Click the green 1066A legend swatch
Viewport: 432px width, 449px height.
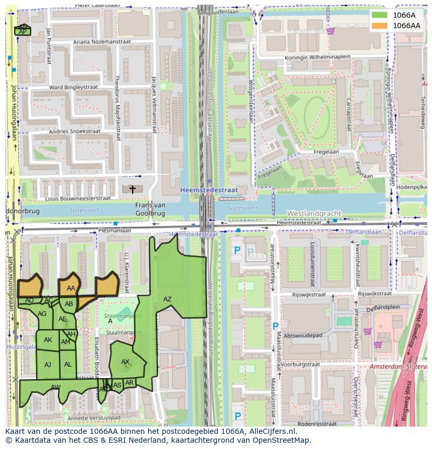380,15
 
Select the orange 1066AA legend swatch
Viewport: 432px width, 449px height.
380,26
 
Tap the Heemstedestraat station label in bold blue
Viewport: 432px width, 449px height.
209,190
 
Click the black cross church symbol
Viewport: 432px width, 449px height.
133,189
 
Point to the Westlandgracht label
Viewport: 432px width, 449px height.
314,213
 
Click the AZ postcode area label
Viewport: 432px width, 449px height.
167,299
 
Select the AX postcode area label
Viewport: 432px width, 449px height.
125,361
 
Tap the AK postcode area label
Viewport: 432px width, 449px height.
48,340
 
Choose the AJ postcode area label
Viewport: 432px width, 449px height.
48,365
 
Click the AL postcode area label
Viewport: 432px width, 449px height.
68,365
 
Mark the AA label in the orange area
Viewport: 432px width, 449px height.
71,288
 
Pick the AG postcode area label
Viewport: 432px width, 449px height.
42,313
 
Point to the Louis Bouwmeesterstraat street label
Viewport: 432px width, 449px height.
78,199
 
